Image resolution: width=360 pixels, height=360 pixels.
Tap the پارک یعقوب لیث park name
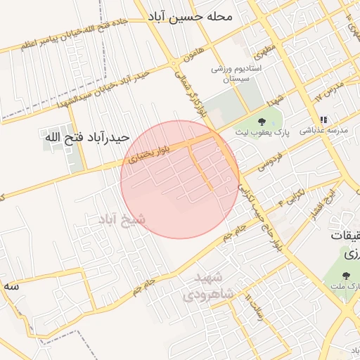(x=262, y=134)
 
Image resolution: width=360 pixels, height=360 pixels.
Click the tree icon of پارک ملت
(x=346, y=276)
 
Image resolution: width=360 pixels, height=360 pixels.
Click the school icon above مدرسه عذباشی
(x=323, y=120)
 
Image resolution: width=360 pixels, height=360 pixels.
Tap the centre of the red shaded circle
(x=180, y=180)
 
